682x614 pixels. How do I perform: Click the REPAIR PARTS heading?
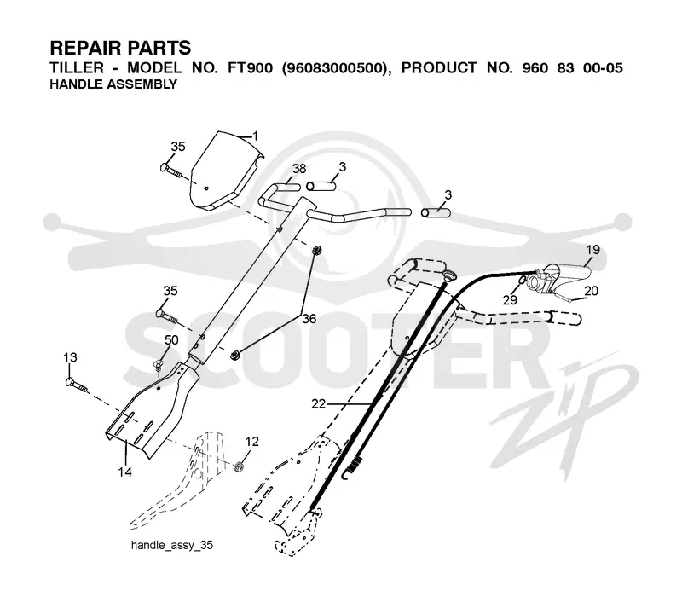(120, 48)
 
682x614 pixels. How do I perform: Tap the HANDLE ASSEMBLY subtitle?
(113, 84)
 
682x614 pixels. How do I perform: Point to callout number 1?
(255, 136)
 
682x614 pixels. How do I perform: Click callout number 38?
(299, 168)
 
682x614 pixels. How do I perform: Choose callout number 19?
(592, 250)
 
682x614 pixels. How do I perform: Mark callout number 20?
(591, 290)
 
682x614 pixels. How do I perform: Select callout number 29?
(510, 300)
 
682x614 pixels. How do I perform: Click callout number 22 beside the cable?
(318, 404)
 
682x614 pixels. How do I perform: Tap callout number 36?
(309, 319)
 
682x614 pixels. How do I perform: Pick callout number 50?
(171, 340)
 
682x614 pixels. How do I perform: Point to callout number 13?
(70, 357)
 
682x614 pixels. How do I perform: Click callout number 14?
(124, 472)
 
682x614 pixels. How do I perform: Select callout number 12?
(251, 442)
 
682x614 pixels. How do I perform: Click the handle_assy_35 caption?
(172, 545)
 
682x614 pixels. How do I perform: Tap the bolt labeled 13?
(76, 385)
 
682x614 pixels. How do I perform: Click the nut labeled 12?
(239, 467)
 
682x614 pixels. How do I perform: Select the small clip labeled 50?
(158, 364)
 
